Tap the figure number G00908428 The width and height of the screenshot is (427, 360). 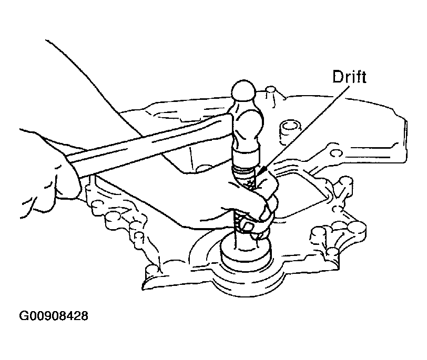54,316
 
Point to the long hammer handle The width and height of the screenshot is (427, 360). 150,144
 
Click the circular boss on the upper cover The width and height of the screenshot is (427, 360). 289,130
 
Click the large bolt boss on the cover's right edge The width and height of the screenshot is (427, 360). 356,228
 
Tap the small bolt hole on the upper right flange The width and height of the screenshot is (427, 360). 337,153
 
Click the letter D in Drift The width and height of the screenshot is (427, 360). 338,77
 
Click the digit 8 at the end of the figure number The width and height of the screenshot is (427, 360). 85,316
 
